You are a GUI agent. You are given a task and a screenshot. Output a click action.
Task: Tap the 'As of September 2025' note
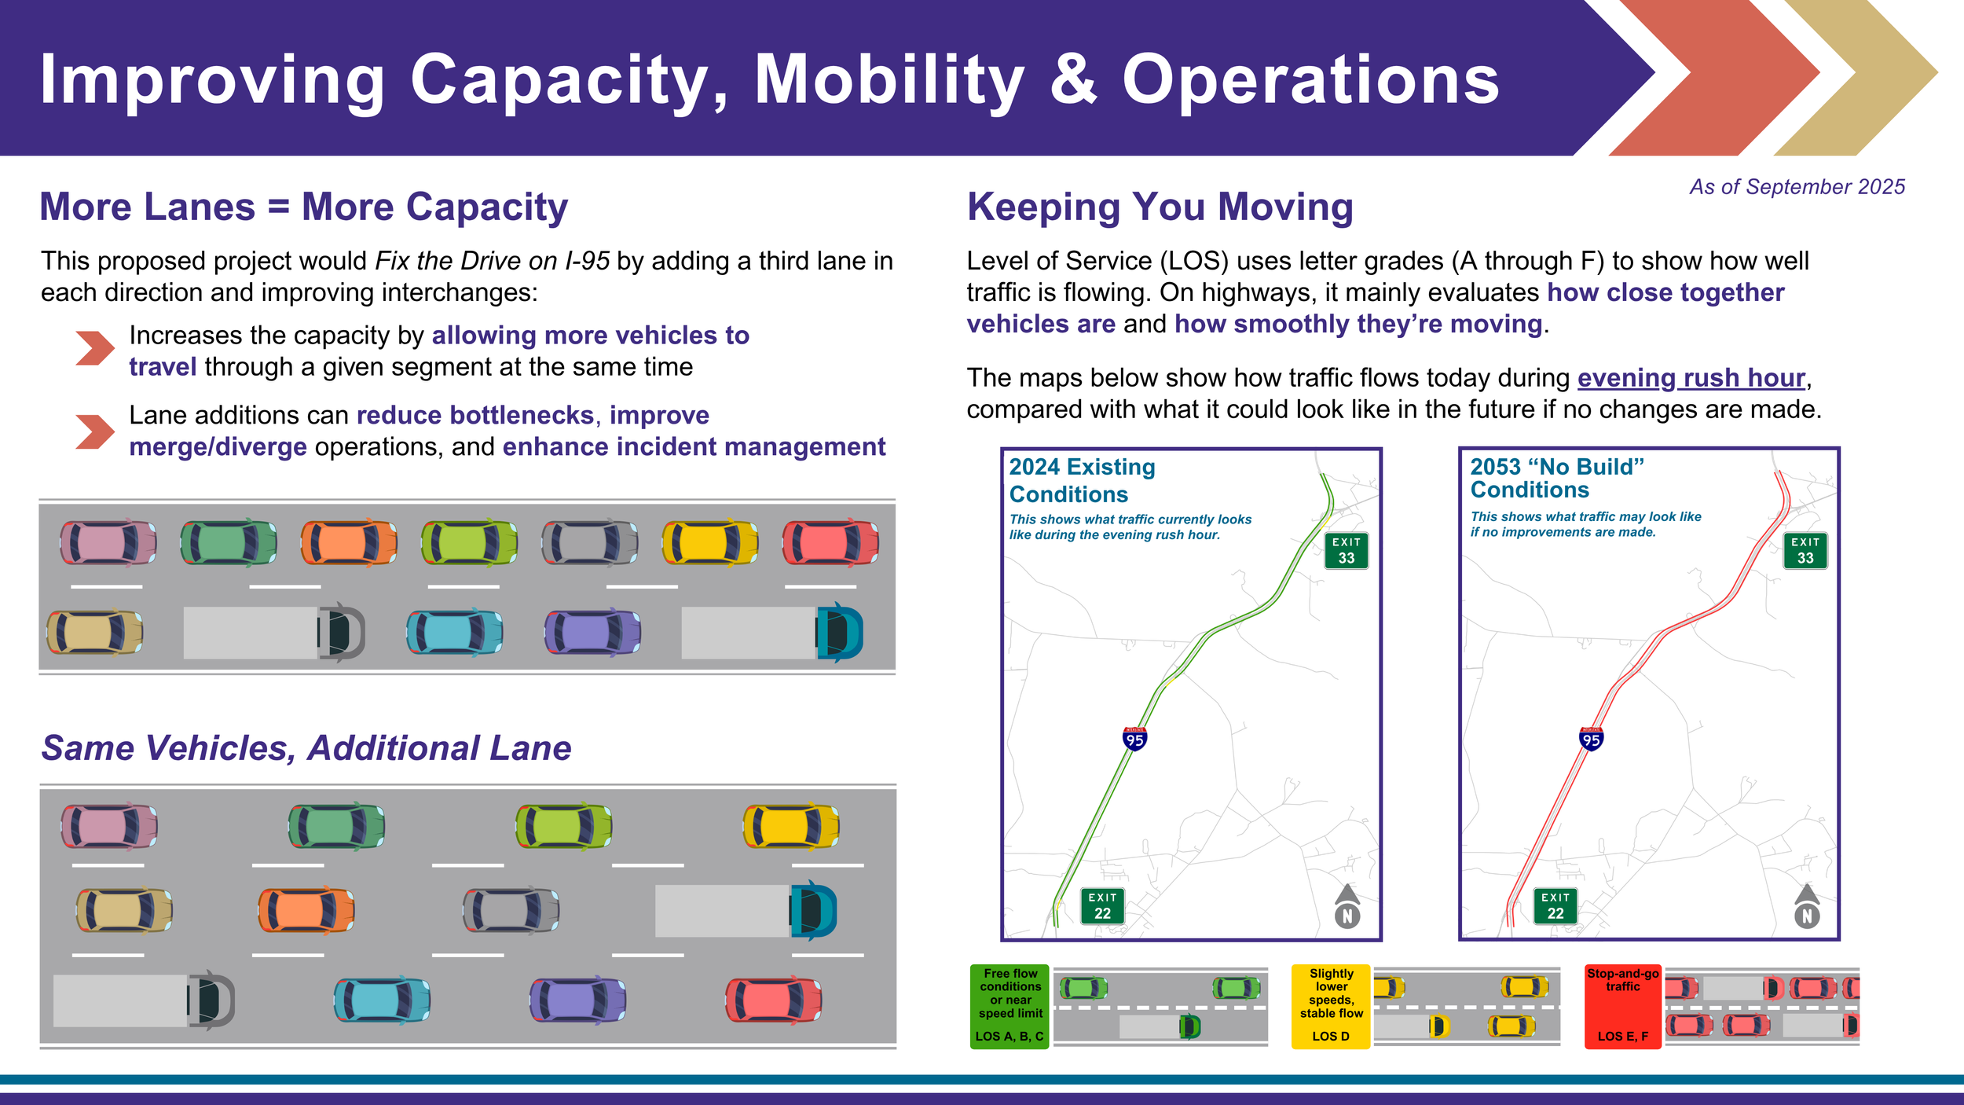(x=1797, y=187)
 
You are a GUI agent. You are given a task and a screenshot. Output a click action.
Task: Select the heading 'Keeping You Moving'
(x=1160, y=207)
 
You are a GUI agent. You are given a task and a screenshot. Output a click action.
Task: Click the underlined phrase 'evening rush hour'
(x=1691, y=378)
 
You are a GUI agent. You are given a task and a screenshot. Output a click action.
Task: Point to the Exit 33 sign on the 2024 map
(x=1346, y=551)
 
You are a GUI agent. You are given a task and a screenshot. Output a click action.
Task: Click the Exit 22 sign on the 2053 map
(x=1555, y=906)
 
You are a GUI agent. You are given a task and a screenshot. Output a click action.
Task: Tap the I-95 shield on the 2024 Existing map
(x=1134, y=739)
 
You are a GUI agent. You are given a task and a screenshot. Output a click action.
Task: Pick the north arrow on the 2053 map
(x=1807, y=906)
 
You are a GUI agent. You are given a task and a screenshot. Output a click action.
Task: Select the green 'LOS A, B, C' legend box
(x=1009, y=1006)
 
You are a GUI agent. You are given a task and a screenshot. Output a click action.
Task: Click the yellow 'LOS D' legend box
(x=1331, y=1006)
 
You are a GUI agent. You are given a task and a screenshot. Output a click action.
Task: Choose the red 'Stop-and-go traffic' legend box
(x=1622, y=1006)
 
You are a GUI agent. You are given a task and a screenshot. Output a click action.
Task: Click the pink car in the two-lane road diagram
(x=108, y=542)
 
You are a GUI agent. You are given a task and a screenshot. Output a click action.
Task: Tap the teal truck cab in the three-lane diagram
(x=813, y=911)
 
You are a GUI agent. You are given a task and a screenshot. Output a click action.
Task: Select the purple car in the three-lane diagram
(x=577, y=1000)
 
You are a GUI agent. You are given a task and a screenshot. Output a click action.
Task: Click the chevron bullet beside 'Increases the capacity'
(x=95, y=348)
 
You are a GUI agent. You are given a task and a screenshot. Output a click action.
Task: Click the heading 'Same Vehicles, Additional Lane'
(x=306, y=748)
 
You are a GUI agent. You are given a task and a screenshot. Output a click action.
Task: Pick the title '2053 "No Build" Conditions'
(x=1556, y=478)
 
